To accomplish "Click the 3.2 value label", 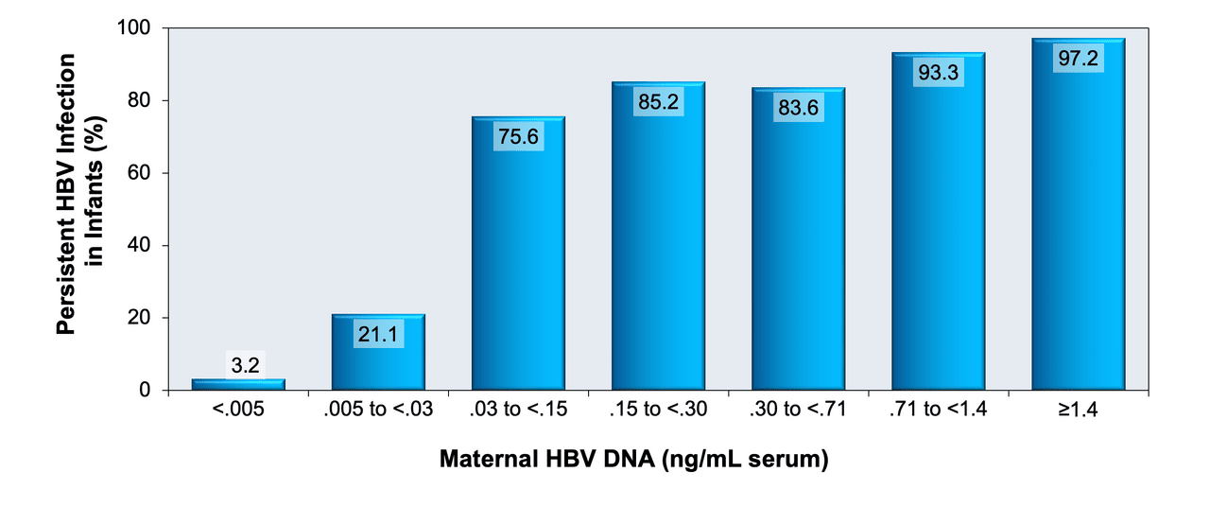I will pos(238,365).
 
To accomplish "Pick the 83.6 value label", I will pos(798,108).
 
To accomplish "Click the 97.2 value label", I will pos(1079,58).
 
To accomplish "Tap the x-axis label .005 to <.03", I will pos(378,411).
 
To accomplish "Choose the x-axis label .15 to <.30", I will pos(658,411).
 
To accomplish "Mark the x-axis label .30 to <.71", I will pos(798,411).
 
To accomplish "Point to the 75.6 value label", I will pos(518,136).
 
